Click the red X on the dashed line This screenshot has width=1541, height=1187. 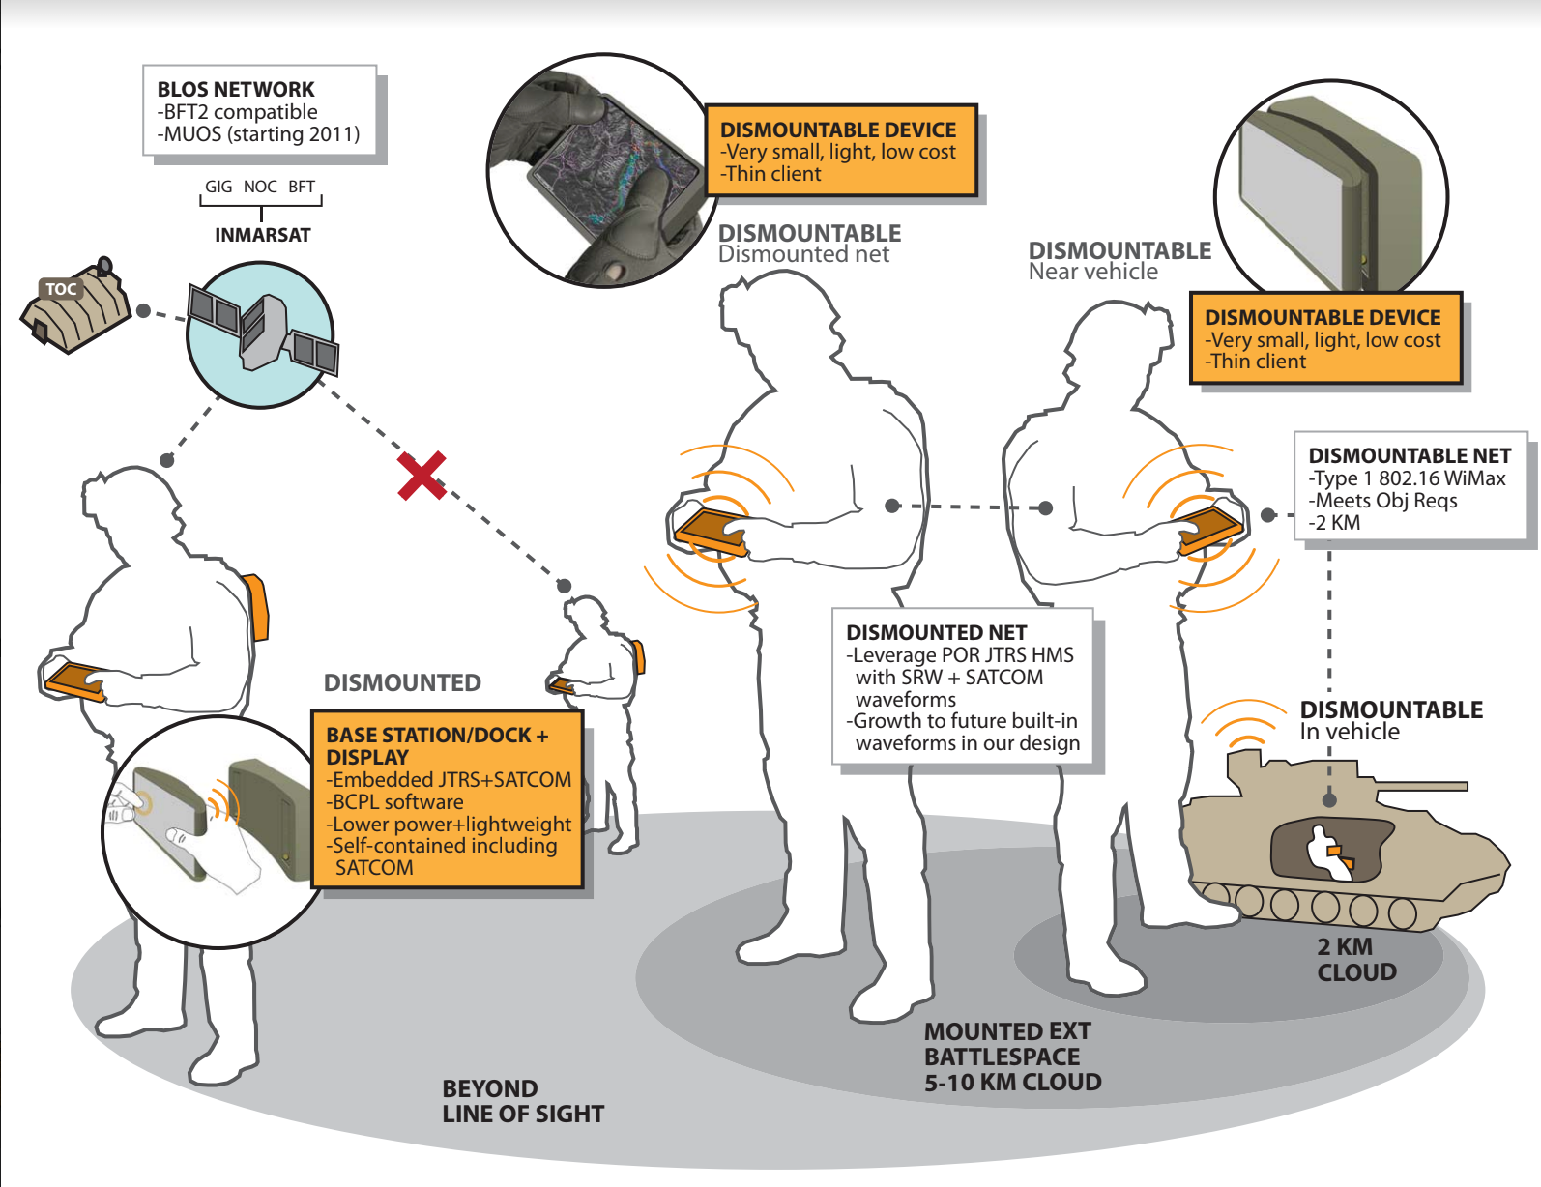pos(422,476)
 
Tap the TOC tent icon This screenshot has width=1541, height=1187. pos(75,306)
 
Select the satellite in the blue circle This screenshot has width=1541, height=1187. pos(262,333)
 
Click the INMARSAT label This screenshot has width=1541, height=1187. pos(262,235)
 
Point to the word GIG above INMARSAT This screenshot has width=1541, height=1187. pos(218,187)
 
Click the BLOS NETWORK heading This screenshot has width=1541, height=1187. pos(236,89)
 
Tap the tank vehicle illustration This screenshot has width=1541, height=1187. pos(1339,841)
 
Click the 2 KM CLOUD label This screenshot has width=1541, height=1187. pos(1355,960)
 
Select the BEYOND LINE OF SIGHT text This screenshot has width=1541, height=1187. pos(522,1101)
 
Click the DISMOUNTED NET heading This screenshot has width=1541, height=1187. pos(936,632)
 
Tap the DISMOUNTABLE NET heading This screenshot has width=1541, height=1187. pos(1409,455)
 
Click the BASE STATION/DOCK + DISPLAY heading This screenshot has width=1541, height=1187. pos(437,745)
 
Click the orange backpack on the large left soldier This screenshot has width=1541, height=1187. pos(256,606)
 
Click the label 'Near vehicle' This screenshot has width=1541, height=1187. pos(1092,272)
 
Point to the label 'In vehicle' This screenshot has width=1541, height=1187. pos(1349,732)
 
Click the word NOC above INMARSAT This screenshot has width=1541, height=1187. pos(260,187)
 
